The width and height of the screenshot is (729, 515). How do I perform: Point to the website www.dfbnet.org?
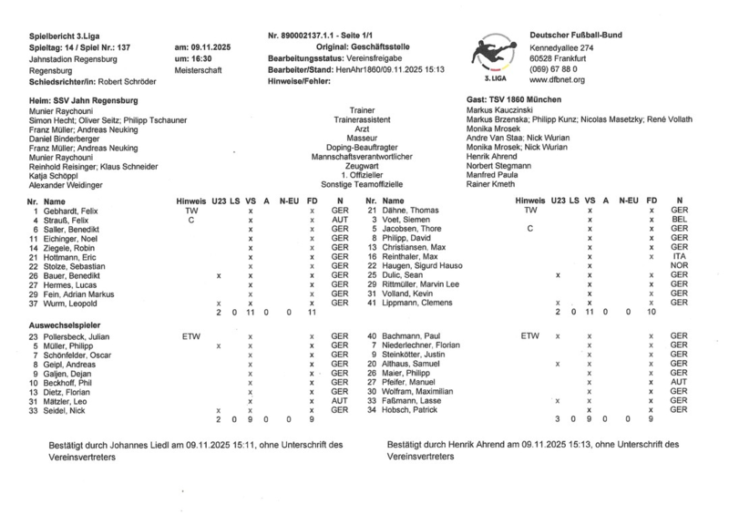coord(560,80)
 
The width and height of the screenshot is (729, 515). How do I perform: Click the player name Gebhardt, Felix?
coord(73,210)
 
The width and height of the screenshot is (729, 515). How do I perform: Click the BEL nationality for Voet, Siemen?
coord(677,220)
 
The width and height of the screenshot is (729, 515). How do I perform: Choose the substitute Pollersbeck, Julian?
coord(76,336)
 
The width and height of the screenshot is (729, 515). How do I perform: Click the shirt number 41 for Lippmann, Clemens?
coord(372,302)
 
